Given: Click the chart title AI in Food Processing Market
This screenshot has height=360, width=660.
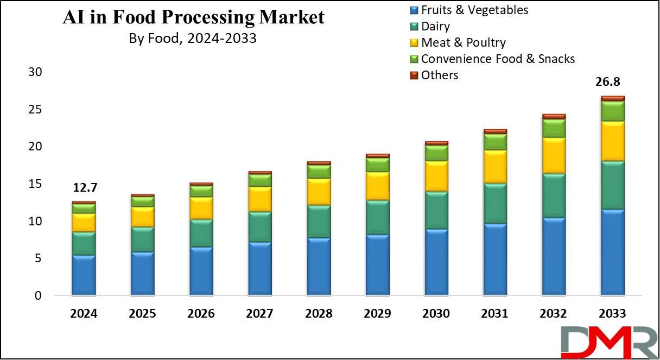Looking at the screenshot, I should point(193,17).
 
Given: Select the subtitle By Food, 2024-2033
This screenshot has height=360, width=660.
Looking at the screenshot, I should point(193,39).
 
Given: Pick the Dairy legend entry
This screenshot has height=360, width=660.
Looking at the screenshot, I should point(435,26).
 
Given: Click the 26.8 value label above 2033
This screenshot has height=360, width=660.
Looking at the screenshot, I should point(608,82).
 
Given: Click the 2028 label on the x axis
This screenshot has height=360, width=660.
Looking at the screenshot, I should point(319,314).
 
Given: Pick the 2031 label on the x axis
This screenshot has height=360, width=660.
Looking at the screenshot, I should point(494,314).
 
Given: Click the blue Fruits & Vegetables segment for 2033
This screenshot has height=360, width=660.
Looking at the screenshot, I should point(613,252).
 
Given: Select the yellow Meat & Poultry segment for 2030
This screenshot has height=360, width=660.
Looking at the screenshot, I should point(436,176).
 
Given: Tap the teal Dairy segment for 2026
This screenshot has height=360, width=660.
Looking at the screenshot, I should point(201,233).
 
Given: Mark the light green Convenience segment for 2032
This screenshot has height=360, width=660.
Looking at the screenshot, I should point(554,128).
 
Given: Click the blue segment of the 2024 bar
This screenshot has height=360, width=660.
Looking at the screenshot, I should point(84,275).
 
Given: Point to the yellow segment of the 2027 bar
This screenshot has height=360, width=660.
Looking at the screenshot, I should point(259,199).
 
